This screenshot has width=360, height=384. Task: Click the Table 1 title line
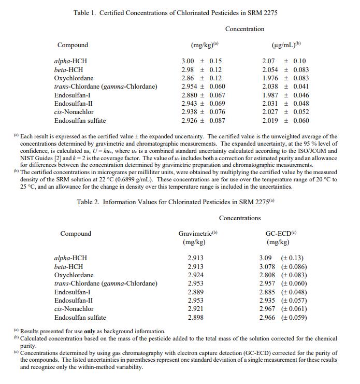coord(175,12)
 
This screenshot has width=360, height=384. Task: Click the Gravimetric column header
coord(198,233)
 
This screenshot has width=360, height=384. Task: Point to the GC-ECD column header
coord(278,233)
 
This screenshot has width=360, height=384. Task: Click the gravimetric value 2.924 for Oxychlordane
coord(195,275)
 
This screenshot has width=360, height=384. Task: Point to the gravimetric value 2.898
coord(195,317)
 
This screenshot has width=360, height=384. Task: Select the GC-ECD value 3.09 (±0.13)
coord(281,258)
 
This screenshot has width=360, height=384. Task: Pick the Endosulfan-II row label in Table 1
coord(74,104)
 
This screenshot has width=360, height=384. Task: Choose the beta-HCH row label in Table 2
coord(68,267)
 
